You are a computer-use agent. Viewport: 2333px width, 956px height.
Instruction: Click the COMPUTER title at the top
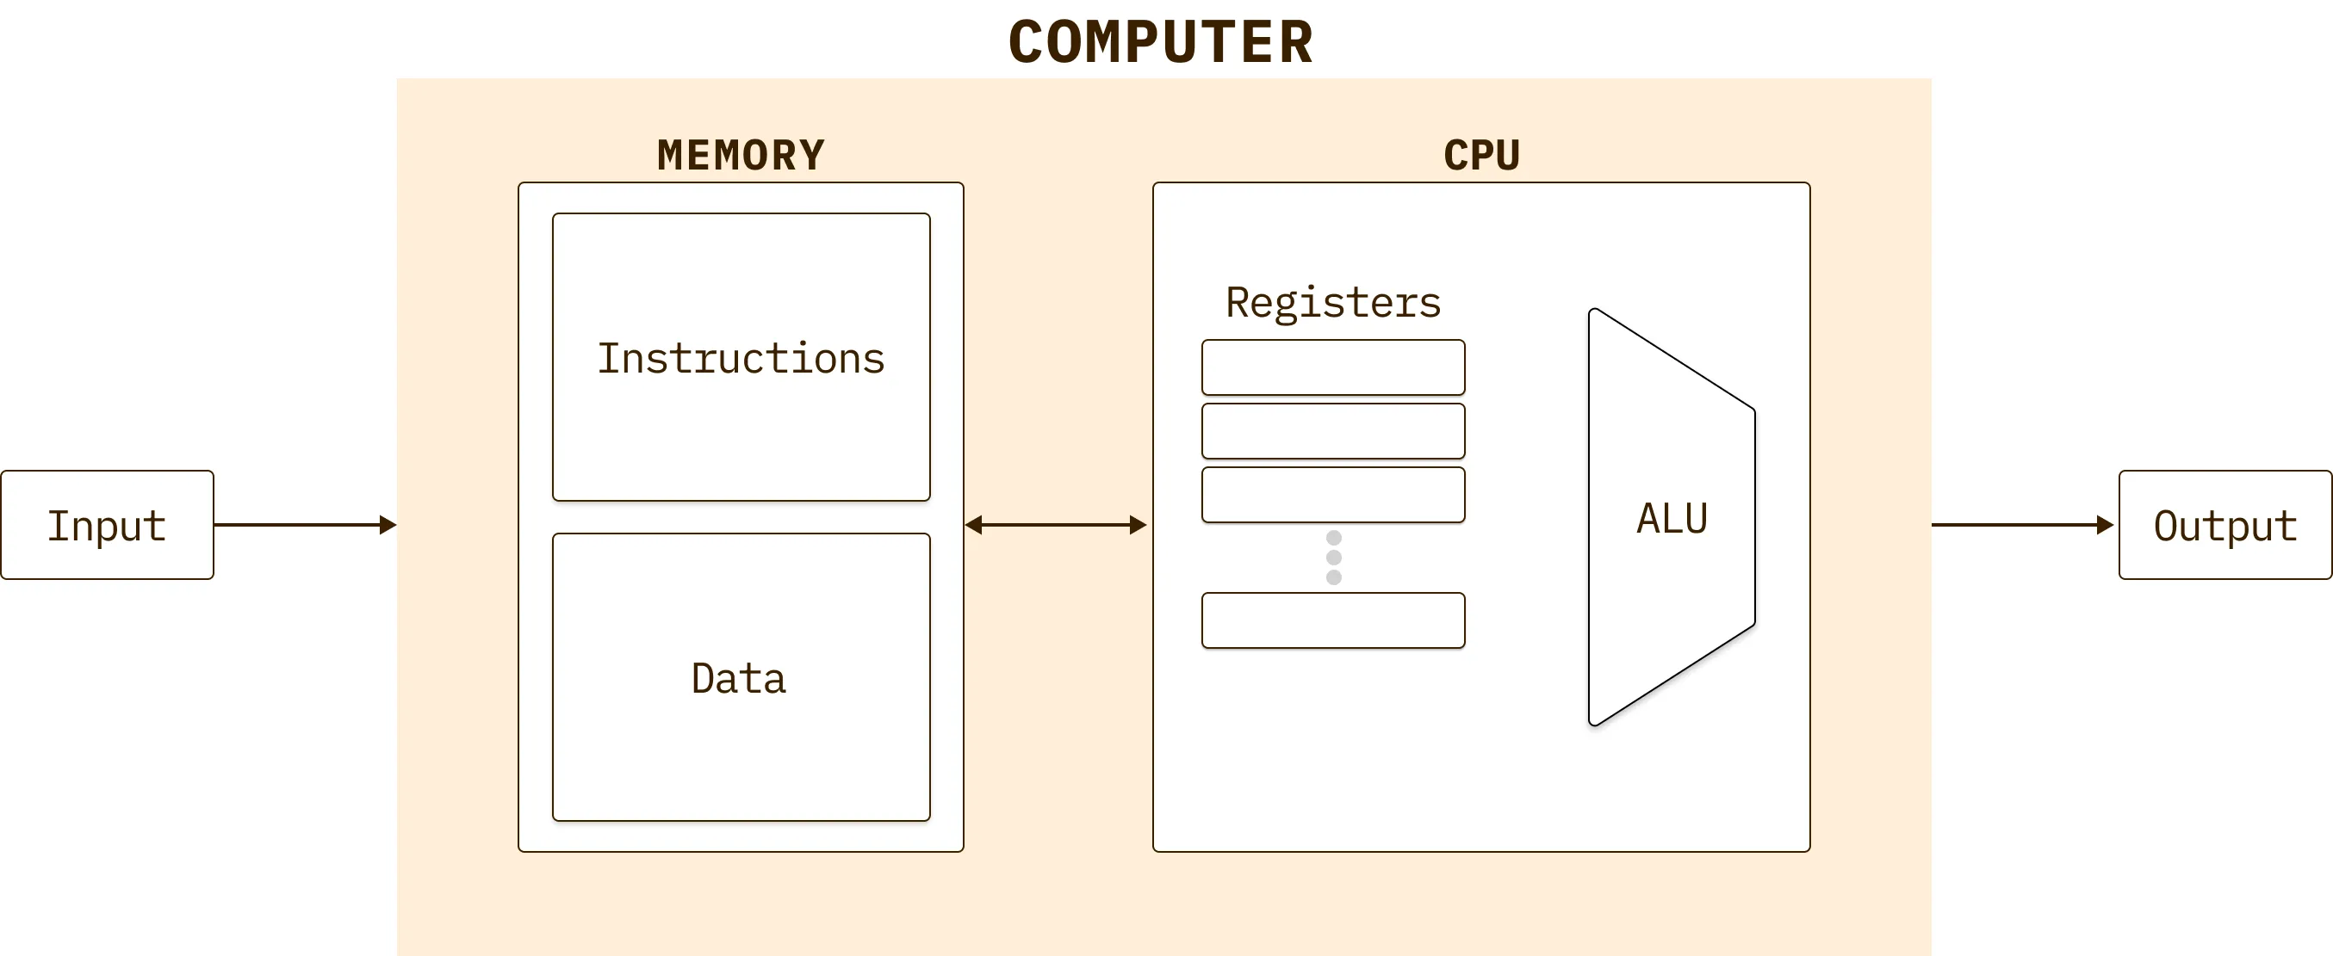[1160, 42]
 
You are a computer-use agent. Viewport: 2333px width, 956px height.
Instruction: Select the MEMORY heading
[741, 155]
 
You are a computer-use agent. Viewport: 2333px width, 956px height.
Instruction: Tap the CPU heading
[1480, 155]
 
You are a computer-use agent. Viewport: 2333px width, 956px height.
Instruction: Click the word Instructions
[741, 359]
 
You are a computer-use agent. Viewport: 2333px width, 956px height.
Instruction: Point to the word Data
[738, 679]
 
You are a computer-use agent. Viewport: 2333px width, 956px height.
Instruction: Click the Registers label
[1332, 302]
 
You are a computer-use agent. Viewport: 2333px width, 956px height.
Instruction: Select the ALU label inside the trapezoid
[1672, 519]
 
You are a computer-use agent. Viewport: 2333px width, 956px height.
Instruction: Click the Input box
[107, 525]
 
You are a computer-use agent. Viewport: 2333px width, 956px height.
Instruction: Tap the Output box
[2224, 525]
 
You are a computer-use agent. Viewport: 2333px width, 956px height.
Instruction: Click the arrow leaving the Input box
[299, 525]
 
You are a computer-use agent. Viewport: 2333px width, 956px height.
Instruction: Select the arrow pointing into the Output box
[2020, 525]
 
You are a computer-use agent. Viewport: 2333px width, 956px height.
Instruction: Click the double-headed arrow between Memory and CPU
[1056, 525]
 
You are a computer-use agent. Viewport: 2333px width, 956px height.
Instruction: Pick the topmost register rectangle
[1332, 367]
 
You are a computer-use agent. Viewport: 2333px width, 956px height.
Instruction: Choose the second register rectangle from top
[1332, 431]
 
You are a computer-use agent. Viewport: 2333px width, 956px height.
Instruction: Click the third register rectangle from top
[1332, 494]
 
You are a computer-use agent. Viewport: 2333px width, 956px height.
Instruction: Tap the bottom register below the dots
[1332, 620]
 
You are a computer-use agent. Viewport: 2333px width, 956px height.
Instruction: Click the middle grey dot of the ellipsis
[1333, 558]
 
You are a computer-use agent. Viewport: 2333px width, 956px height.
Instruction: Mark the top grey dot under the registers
[1333, 538]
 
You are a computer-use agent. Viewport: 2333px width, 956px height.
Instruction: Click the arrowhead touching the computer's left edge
[388, 525]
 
